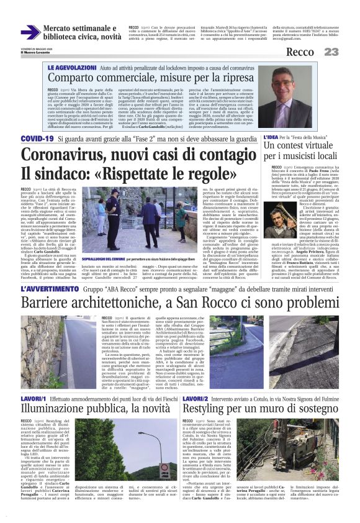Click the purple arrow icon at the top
[30, 32]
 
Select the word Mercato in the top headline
[61, 28]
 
